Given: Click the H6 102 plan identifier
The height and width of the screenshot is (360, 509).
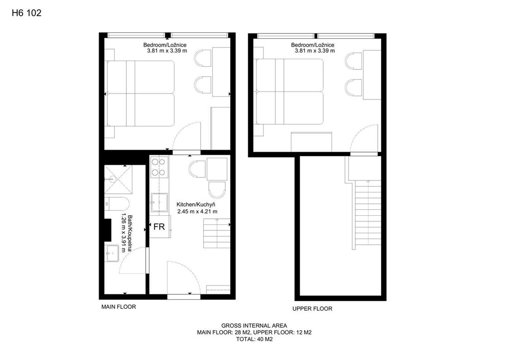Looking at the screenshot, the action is click(27, 13).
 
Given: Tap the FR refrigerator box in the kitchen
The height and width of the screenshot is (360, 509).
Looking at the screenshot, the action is click(160, 226).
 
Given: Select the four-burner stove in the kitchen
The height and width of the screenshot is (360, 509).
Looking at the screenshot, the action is click(160, 167).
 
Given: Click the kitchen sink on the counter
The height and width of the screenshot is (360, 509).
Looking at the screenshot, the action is click(159, 202).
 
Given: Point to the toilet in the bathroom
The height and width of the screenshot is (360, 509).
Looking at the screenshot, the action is click(117, 204).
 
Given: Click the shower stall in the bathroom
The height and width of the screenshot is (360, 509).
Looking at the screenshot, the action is click(118, 179).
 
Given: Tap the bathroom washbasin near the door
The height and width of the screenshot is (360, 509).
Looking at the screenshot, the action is click(112, 253).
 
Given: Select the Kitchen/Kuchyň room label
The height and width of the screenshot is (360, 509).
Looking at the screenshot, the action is click(196, 204).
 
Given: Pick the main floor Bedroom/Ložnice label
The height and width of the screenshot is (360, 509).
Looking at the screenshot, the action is click(165, 45).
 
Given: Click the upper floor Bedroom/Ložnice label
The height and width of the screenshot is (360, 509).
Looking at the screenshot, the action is click(313, 45).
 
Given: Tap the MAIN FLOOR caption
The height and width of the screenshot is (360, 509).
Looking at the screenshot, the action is click(118, 307).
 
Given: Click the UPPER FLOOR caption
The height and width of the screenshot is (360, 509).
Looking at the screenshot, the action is click(312, 309).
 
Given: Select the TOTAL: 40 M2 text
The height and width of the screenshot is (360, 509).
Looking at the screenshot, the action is click(254, 340).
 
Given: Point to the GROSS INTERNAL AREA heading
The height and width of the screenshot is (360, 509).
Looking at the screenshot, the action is click(254, 326).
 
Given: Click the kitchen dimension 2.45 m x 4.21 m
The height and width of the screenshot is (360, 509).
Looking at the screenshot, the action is click(197, 212).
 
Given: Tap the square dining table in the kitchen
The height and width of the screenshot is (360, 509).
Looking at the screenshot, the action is click(217, 168).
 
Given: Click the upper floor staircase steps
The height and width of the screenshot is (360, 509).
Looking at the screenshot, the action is click(367, 215).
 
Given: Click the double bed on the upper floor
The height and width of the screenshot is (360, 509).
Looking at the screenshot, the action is click(290, 91).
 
